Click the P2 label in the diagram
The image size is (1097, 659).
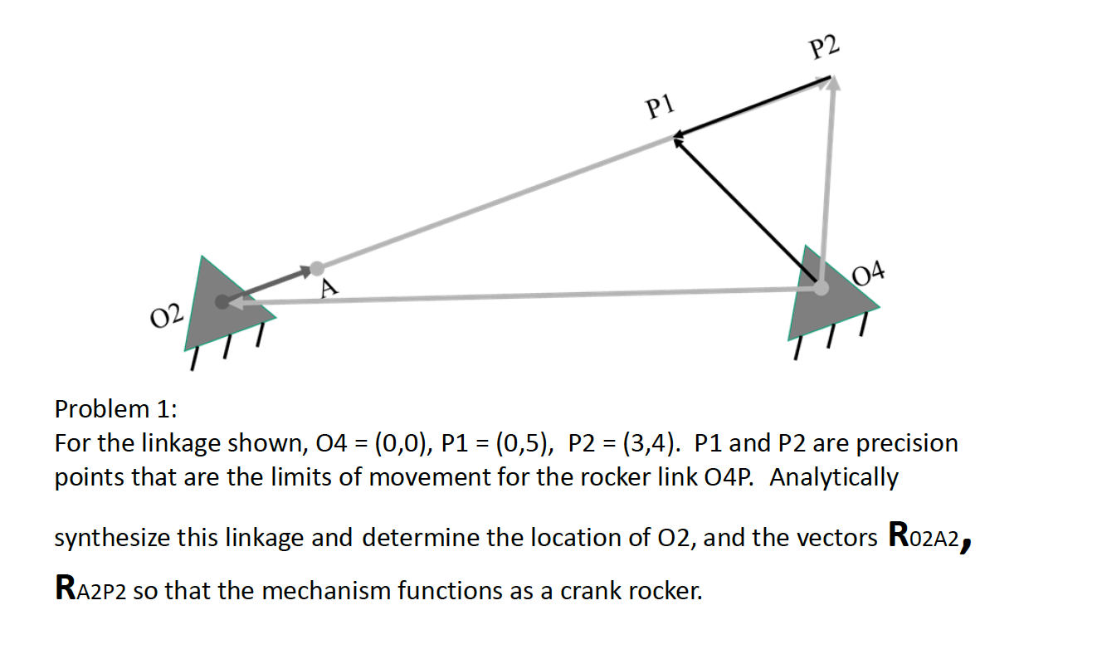[x=824, y=48]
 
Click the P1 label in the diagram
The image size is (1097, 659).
[x=661, y=106]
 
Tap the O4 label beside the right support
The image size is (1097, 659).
[x=870, y=271]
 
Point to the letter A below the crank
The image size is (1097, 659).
[x=329, y=289]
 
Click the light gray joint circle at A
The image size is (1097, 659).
[x=316, y=268]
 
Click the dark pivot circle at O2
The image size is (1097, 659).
[x=222, y=302]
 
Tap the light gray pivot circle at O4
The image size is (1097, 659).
[x=820, y=288]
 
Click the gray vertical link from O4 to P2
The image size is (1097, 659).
[x=827, y=183]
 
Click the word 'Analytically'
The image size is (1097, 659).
[x=834, y=478]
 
